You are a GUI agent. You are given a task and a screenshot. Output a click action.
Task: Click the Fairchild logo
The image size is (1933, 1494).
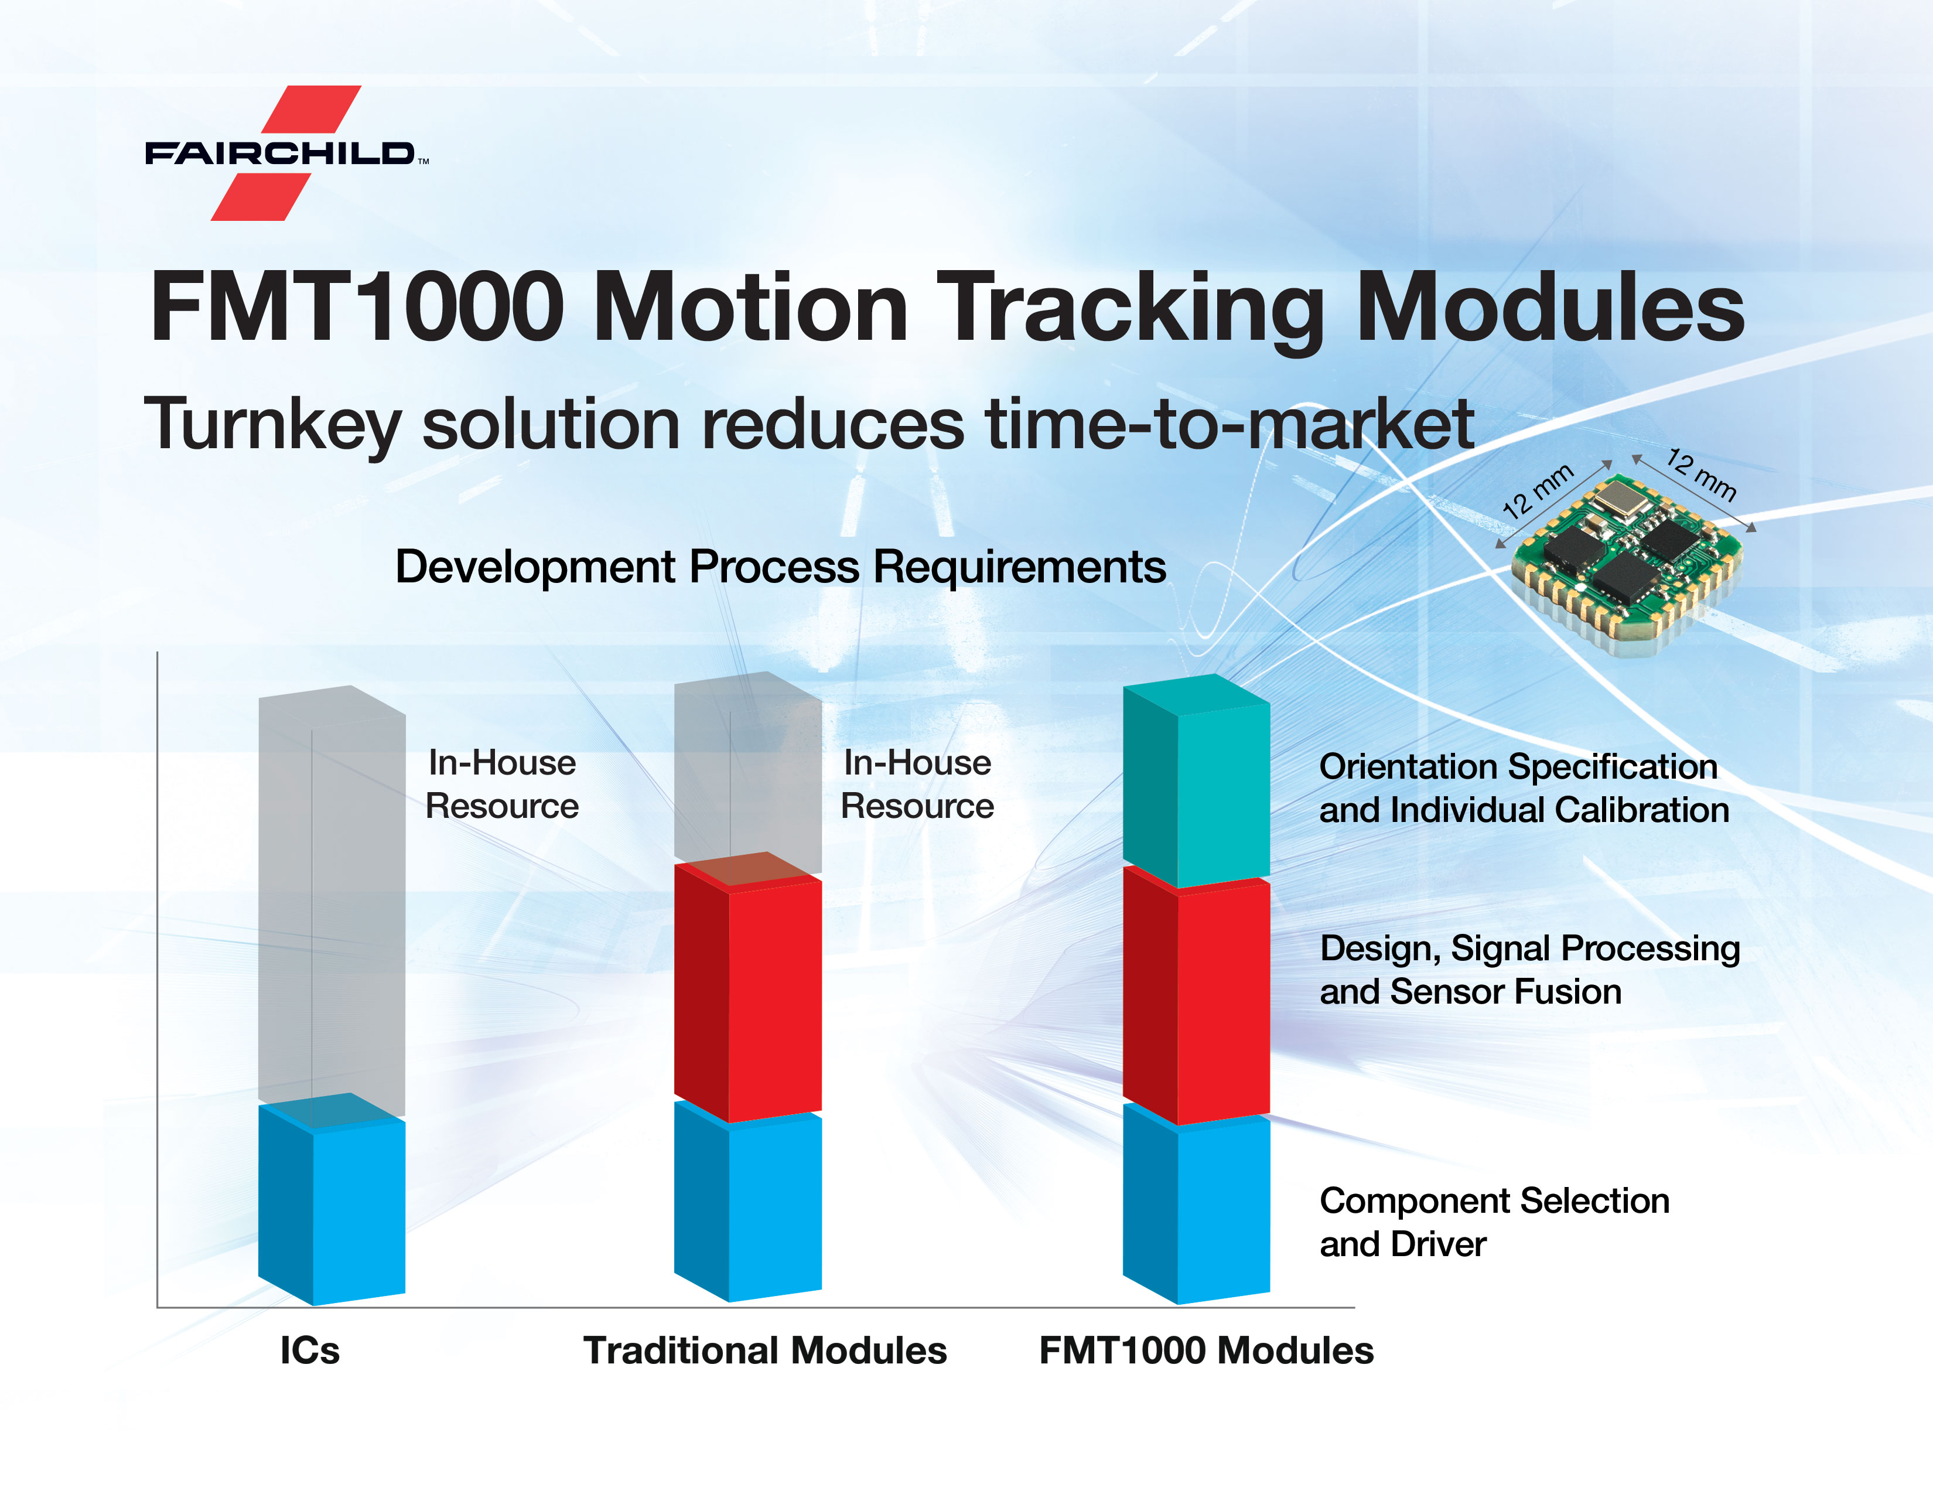[x=287, y=153]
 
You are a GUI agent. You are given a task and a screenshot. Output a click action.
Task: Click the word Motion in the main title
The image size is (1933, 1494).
[x=750, y=306]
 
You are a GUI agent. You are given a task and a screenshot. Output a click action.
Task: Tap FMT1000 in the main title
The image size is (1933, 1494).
[x=357, y=306]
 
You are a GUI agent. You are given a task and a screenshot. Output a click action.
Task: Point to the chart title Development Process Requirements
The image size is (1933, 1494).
[x=780, y=567]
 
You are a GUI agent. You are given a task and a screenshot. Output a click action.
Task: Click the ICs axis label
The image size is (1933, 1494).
[x=310, y=1350]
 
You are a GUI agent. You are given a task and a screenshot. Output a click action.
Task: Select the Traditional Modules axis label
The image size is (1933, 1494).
[x=764, y=1350]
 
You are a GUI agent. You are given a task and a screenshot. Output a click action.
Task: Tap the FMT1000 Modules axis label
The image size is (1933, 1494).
[x=1206, y=1350]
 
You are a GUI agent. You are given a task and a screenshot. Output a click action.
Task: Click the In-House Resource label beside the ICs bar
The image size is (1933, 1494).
[x=502, y=784]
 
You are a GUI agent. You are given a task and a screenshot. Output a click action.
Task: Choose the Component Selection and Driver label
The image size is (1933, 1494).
[x=1494, y=1222]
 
